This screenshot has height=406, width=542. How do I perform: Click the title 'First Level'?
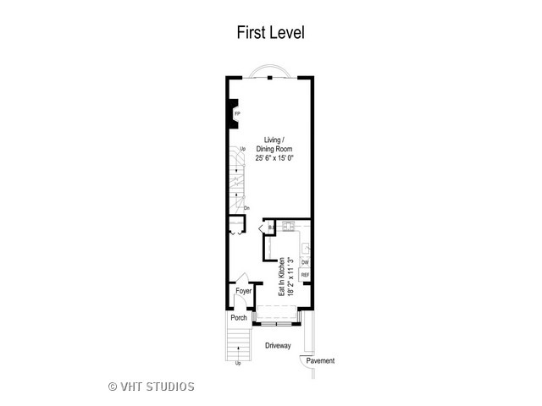click(270, 33)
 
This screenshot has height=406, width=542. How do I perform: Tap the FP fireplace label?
click(237, 112)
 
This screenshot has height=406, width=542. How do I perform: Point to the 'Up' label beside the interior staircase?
click(243, 150)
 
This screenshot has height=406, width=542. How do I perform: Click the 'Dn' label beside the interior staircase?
click(246, 208)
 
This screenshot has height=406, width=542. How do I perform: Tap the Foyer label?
click(244, 291)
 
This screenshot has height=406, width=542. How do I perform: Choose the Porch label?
click(238, 319)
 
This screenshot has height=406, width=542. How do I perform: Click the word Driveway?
click(278, 346)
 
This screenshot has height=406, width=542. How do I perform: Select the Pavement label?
click(320, 361)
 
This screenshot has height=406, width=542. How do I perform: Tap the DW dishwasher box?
click(305, 263)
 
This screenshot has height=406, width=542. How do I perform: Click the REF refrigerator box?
click(305, 276)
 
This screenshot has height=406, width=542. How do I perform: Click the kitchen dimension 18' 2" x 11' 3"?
click(290, 276)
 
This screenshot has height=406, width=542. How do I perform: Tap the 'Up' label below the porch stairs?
click(238, 364)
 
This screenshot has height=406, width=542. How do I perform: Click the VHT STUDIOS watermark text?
click(152, 387)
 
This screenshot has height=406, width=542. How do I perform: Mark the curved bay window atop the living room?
click(269, 71)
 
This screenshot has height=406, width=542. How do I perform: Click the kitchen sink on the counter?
click(307, 247)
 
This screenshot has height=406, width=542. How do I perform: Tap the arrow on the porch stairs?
click(238, 348)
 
